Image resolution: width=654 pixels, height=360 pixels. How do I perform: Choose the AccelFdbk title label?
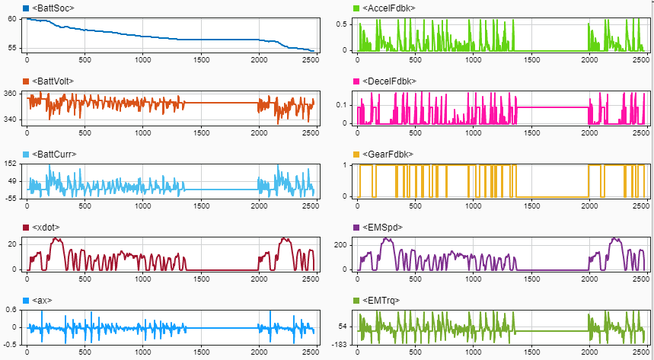(388, 8)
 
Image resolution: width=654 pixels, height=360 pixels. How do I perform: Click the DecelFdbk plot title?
(389, 81)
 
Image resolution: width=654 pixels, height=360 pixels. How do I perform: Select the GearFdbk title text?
(388, 155)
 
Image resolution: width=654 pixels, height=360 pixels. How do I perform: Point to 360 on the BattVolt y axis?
(11, 94)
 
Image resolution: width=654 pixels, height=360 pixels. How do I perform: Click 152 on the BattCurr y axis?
(11, 164)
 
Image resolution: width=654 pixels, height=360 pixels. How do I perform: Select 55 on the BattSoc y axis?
(13, 48)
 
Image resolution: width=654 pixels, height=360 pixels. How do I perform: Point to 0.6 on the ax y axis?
(11, 310)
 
